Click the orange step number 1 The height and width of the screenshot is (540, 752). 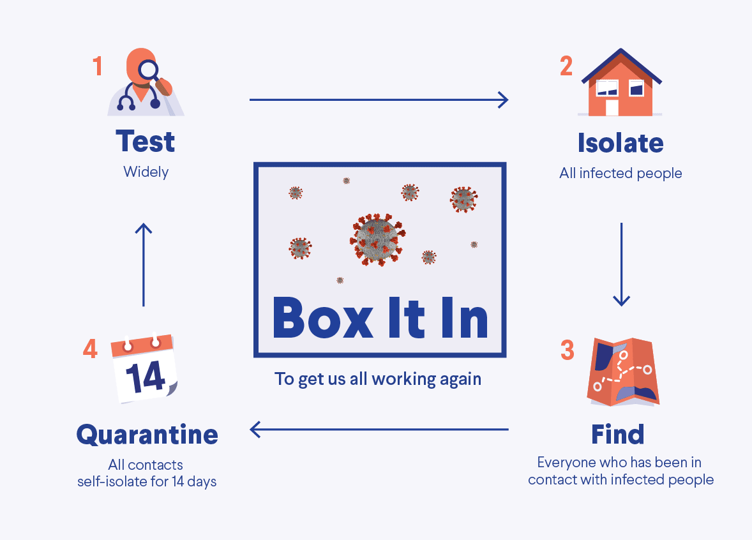98,66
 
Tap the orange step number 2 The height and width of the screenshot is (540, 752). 566,66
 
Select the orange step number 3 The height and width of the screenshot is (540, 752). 567,350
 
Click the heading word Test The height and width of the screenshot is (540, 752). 146,142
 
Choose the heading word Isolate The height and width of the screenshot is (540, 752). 620,143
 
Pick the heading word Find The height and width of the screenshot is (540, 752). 617,435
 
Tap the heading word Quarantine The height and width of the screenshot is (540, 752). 147,435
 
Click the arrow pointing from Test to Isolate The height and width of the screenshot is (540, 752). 379,100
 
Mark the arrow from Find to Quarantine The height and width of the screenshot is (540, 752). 379,430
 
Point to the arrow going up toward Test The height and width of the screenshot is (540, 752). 144,264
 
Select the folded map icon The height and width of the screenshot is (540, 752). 622,372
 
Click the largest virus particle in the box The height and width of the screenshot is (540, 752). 377,240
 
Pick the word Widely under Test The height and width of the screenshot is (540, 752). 146,172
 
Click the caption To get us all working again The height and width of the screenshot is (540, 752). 378,379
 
